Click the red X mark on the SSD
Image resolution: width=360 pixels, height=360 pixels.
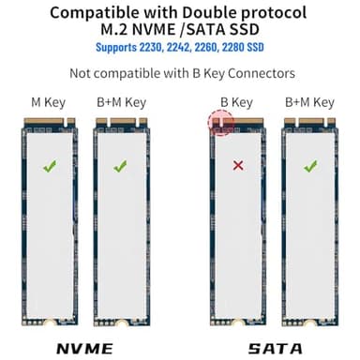[x=237, y=166]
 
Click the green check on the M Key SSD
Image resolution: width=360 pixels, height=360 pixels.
[x=50, y=167]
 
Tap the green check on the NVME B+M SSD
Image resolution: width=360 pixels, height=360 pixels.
[x=119, y=167]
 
